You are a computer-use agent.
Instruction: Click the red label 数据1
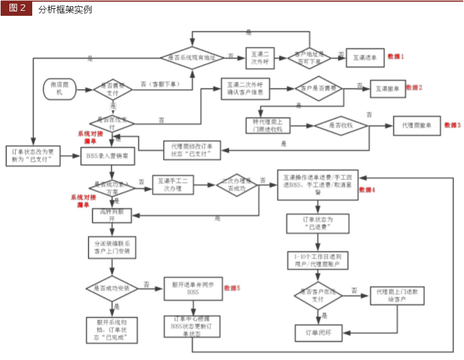[x=396, y=57]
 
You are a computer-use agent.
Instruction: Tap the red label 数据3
[x=453, y=125]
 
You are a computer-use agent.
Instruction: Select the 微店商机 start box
[x=61, y=88]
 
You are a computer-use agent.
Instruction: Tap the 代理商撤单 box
[x=417, y=126]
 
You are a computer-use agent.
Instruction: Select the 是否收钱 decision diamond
[x=341, y=126]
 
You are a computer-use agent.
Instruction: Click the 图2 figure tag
[x=17, y=9]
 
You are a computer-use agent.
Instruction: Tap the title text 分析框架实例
[x=64, y=9]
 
